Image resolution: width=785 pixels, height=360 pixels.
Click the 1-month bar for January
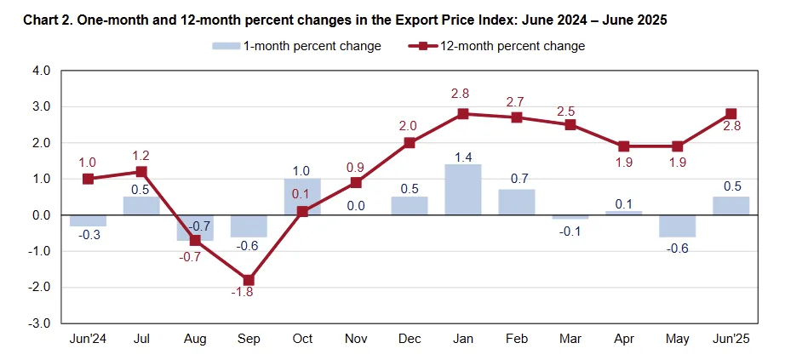(463, 190)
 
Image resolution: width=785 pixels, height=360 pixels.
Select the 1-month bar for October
(302, 197)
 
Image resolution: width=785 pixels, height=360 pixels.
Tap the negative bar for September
(249, 226)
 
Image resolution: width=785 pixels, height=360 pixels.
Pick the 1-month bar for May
(678, 226)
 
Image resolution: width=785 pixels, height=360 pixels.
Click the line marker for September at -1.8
(249, 280)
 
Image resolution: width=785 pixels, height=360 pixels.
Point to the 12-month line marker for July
(141, 172)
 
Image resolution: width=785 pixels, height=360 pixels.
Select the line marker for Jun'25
(731, 114)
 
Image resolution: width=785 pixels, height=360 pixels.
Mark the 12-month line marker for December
(410, 143)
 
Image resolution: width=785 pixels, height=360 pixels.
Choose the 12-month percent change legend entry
(502, 46)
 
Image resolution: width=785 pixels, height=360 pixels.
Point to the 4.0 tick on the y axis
(41, 71)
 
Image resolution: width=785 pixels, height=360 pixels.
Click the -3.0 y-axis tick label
(40, 323)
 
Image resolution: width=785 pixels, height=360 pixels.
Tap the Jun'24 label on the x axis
(88, 339)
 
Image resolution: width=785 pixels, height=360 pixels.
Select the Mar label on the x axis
(570, 339)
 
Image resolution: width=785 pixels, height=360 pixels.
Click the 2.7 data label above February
(516, 101)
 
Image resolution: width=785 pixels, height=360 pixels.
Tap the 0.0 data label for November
(356, 205)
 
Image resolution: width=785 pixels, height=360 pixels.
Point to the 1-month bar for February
(517, 203)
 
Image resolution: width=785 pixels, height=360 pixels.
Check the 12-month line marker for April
(624, 146)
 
